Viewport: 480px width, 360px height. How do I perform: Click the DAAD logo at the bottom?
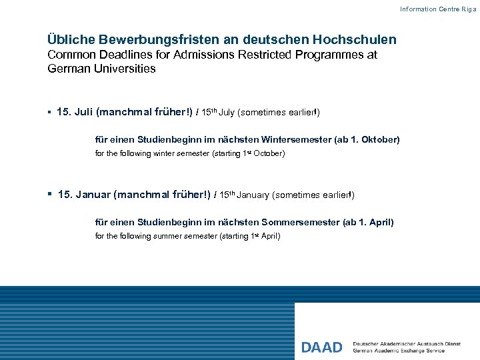[x=321, y=347]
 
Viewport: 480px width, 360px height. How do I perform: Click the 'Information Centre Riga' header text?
[x=438, y=9]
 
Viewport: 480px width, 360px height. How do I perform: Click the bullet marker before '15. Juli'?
[x=50, y=113]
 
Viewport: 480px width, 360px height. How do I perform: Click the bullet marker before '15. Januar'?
[x=50, y=195]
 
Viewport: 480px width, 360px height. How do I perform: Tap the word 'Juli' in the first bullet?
[x=84, y=113]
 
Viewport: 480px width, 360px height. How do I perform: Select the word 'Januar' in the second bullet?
[x=93, y=195]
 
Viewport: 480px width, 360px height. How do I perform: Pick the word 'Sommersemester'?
[x=301, y=222]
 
